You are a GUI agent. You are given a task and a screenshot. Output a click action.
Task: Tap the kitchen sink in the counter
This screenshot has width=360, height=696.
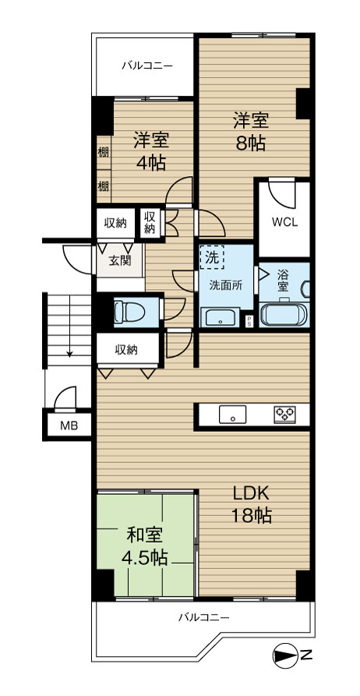(x=232, y=415)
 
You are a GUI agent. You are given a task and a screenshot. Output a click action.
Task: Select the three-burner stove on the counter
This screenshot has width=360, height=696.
(x=284, y=414)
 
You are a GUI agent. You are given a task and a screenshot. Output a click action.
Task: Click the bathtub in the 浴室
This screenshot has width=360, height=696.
(x=283, y=315)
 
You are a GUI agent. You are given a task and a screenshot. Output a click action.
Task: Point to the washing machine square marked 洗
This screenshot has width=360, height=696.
(x=212, y=257)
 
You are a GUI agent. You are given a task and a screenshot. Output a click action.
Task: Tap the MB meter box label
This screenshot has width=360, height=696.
(x=69, y=426)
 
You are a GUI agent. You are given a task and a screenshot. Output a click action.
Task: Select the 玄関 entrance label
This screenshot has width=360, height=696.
(x=120, y=261)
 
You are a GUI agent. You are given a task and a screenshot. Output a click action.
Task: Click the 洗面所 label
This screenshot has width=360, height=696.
(x=226, y=285)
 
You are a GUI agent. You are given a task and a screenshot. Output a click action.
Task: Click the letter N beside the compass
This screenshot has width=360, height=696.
(x=305, y=654)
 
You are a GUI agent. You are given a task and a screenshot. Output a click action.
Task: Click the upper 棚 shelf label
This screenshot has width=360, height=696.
(x=104, y=153)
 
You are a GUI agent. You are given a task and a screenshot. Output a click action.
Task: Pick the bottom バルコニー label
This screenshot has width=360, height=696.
(x=203, y=617)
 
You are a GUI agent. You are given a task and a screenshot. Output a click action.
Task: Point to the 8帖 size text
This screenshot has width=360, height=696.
(x=251, y=143)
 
